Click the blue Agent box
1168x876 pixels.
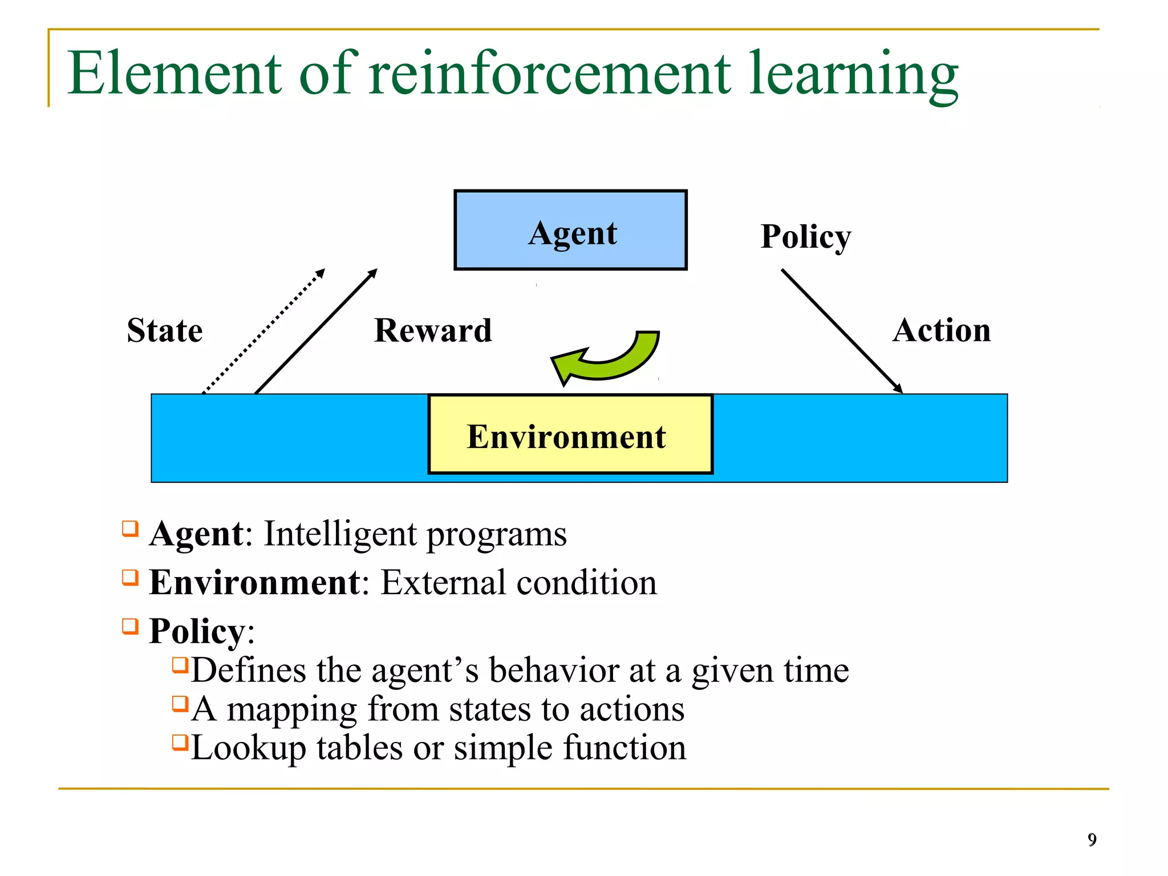570,230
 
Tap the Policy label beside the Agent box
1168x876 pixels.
805,236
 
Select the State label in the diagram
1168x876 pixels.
165,330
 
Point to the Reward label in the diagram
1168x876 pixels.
433,330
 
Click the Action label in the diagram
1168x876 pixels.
942,330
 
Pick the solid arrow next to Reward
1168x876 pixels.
315,331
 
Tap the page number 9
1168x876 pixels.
1092,839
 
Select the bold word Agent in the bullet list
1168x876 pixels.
197,534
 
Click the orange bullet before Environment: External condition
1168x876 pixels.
131,578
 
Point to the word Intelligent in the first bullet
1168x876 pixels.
340,534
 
